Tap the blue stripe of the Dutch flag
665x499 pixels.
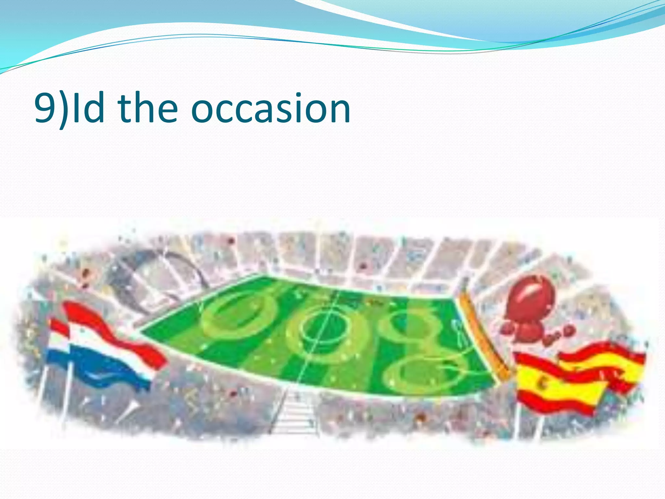click(107, 367)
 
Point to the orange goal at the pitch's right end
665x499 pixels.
click(484, 338)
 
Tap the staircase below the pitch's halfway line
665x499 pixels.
click(294, 413)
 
